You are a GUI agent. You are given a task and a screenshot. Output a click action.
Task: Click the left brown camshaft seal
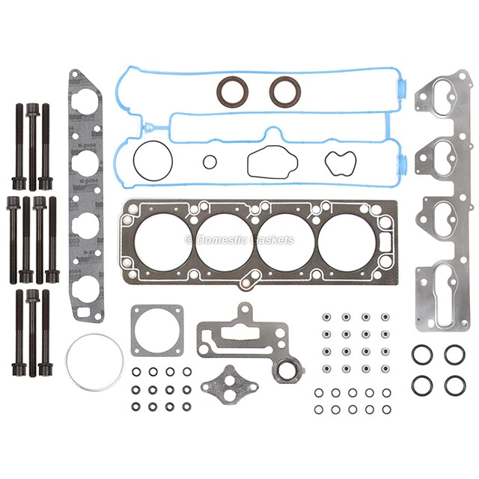230,91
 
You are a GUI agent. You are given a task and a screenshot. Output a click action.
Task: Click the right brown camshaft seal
284,91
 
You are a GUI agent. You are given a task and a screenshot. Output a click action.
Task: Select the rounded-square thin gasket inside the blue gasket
264,161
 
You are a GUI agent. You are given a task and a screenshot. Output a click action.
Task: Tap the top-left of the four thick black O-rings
420,354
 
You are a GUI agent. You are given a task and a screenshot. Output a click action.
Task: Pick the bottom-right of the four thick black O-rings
454,385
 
